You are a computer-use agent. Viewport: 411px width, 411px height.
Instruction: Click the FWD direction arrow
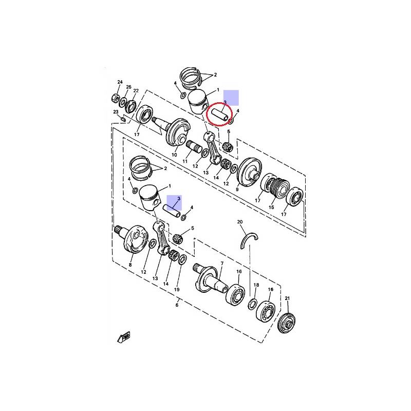point(124,337)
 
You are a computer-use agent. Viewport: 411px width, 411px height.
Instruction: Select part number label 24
point(120,82)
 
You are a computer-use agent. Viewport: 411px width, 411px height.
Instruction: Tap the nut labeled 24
point(115,98)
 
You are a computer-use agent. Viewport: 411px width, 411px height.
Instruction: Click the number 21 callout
point(287,298)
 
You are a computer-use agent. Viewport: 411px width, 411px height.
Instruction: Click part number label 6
point(177,305)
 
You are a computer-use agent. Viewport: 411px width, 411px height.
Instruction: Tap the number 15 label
point(271,208)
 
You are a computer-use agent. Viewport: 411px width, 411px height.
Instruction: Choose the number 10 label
point(174,155)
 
